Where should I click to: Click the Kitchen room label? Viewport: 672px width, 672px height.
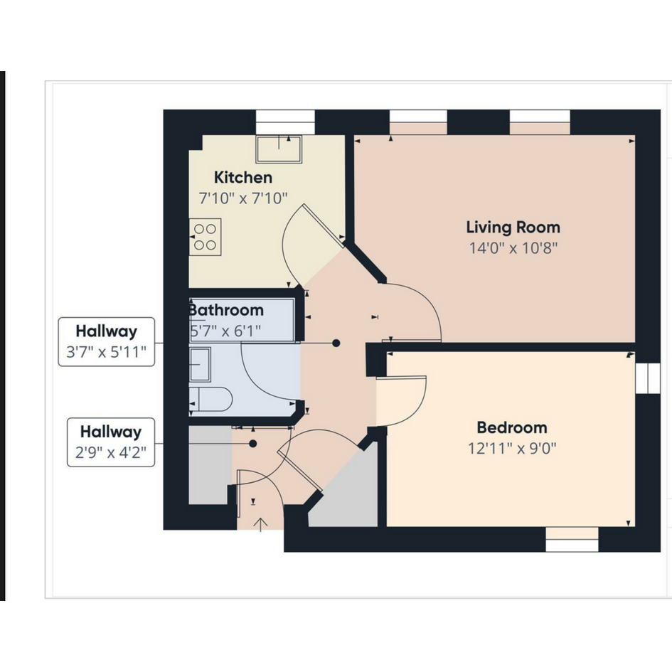coord(243,178)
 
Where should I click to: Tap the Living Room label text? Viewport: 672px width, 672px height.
coord(513,227)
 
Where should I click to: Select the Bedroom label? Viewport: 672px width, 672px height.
coord(512,427)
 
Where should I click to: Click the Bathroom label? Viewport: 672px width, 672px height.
coord(226,310)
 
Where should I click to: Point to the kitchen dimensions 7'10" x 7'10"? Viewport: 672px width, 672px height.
coord(243,198)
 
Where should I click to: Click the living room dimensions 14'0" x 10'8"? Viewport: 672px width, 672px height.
coord(513,248)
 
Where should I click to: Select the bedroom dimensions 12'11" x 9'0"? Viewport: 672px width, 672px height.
coord(512,449)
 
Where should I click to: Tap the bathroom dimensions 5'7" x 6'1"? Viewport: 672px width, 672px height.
coord(225,331)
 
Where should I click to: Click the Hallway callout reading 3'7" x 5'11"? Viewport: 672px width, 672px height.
coord(106,341)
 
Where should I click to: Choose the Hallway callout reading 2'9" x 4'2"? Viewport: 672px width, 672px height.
coord(110,442)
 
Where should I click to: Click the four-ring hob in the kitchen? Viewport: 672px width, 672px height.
coord(206,237)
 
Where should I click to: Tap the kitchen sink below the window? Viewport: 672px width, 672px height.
coord(279,149)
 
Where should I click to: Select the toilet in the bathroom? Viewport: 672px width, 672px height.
coord(211,400)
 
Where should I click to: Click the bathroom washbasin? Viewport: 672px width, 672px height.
coord(200,364)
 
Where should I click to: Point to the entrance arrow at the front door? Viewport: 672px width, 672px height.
coord(260,525)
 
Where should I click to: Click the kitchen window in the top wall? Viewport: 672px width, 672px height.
coord(285,122)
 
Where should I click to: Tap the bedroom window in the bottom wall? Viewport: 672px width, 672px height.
coord(572,540)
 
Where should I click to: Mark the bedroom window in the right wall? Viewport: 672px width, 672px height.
coord(648,378)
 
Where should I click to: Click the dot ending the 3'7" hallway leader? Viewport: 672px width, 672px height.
coord(336,343)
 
